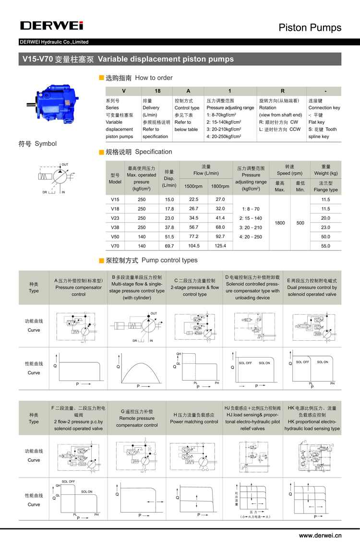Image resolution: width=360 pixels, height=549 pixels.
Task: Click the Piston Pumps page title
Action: [x=310, y=27]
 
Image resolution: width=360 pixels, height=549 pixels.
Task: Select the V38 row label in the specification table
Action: [x=115, y=227]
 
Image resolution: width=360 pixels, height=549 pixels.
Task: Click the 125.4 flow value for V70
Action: [x=220, y=245]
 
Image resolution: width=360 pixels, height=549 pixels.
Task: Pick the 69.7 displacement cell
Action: [x=169, y=245]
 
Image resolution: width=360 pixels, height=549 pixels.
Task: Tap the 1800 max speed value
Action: [x=280, y=223]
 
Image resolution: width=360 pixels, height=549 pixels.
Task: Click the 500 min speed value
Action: [x=300, y=223]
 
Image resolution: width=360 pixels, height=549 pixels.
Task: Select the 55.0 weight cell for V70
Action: [x=325, y=245]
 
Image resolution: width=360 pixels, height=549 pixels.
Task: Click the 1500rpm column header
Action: [x=193, y=186]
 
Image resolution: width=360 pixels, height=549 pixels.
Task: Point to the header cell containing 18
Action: [x=157, y=91]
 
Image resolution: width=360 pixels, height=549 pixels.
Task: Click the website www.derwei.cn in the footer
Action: [x=320, y=535]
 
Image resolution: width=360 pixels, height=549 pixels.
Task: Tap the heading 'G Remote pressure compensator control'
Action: [x=137, y=418]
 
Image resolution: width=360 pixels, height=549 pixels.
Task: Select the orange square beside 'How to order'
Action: [x=101, y=78]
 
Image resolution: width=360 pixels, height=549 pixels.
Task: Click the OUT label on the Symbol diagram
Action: [x=65, y=165]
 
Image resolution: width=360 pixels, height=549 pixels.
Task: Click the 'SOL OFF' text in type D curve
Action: [x=245, y=363]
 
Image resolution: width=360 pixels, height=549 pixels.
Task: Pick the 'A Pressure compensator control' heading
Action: [x=78, y=287]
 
